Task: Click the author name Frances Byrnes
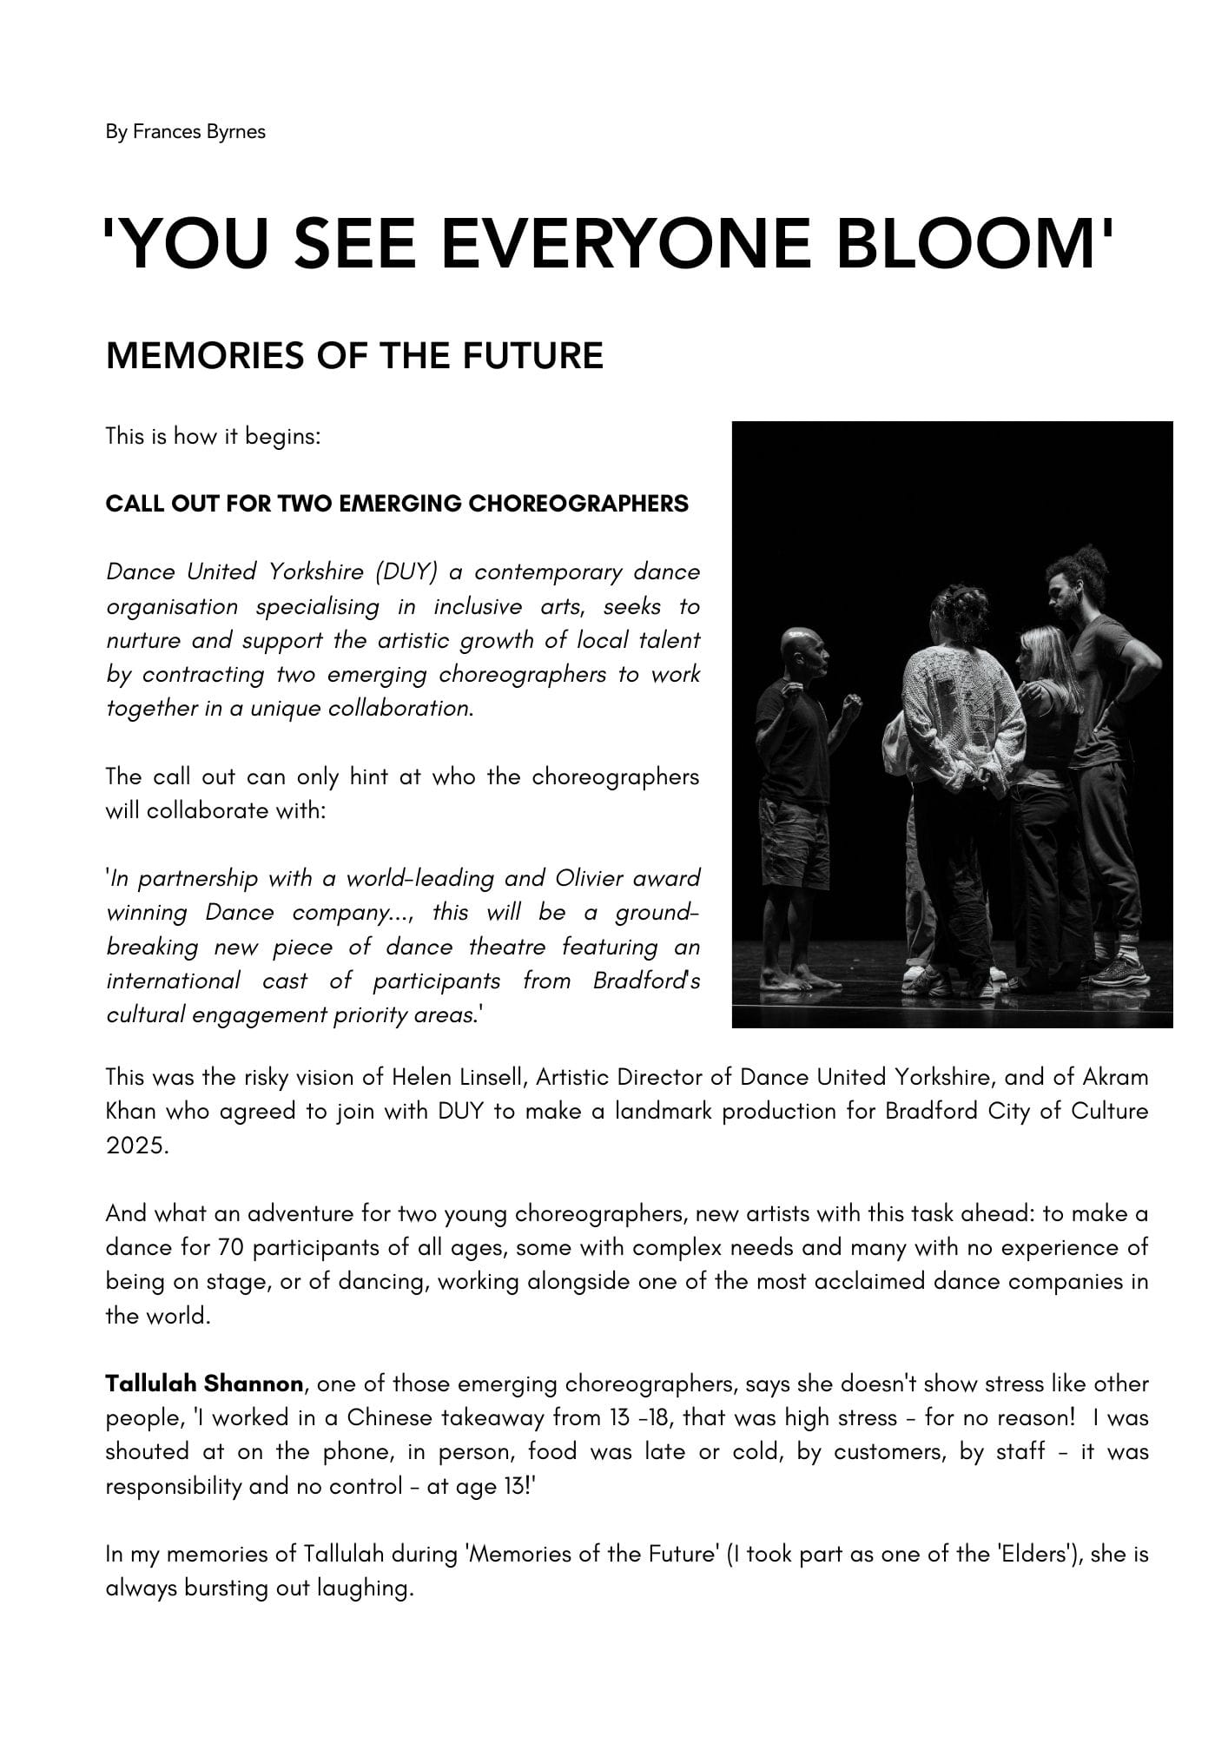pos(199,132)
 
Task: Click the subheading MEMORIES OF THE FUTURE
pos(354,356)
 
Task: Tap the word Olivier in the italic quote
pos(589,879)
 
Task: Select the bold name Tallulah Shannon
pos(204,1384)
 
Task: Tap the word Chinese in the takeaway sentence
pos(388,1418)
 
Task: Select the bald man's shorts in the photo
pos(795,842)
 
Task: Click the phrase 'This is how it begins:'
pos(214,436)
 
